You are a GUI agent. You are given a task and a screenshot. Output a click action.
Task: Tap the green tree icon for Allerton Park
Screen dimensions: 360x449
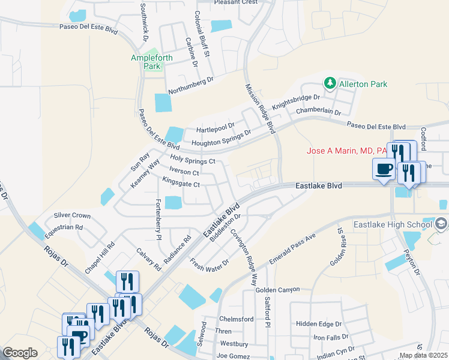pos(329,83)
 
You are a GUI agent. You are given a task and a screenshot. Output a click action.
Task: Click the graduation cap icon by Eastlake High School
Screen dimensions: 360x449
pos(442,224)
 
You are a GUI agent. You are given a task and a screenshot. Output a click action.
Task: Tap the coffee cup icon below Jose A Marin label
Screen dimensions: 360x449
pos(384,169)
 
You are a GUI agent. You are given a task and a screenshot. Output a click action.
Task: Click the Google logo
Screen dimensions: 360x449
pos(20,353)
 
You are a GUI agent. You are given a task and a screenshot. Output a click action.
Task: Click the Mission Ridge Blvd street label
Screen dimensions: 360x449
pos(259,108)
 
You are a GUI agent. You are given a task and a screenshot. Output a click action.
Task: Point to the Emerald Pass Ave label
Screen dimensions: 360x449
pos(294,246)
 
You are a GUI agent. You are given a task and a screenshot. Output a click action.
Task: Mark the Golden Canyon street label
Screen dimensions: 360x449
pos(277,290)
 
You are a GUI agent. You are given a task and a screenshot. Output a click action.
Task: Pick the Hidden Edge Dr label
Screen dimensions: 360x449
pos(318,323)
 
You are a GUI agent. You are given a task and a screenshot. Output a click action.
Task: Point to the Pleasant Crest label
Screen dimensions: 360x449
pos(236,2)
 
